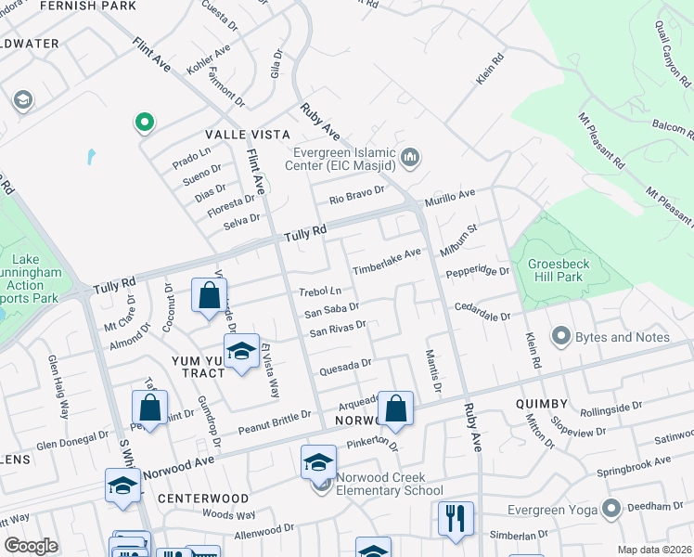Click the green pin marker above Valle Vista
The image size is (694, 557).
pos(144,122)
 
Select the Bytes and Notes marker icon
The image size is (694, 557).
pos(559,336)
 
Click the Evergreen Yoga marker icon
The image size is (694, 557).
pos(610,509)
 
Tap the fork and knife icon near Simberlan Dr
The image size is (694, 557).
pos(455,519)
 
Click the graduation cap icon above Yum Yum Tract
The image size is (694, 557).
pos(241,353)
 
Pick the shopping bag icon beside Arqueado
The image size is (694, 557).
pos(395,408)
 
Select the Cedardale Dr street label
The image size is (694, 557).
pos(482,311)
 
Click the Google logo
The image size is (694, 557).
pos(31,546)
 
